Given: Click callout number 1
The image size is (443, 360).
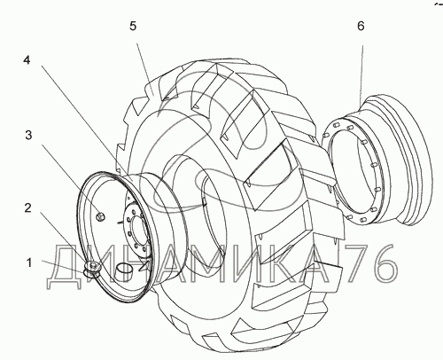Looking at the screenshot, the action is [29, 262].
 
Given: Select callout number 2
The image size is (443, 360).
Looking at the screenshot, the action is [27, 207].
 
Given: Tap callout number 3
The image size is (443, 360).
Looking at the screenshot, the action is [28, 136].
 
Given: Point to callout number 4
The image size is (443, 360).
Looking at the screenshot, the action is [27, 60].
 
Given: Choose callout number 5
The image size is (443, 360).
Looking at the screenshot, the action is [133, 26].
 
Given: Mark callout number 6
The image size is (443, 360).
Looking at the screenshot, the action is [361, 26].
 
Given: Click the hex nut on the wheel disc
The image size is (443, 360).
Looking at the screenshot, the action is [101, 216].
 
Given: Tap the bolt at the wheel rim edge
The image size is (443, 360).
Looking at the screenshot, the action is [92, 269].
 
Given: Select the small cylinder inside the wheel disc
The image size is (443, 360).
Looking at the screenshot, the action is [122, 271].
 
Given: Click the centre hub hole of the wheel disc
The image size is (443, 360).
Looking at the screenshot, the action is [140, 229].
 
